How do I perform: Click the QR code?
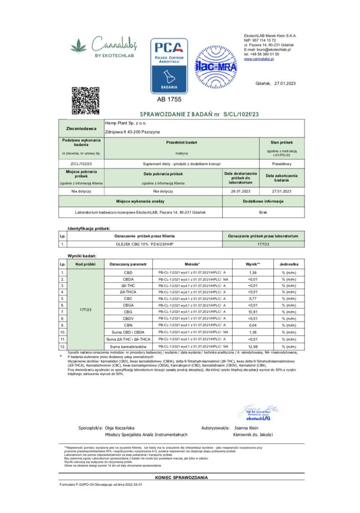click(85, 100)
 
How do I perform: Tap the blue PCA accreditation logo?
click(169, 65)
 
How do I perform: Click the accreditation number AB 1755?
click(169, 99)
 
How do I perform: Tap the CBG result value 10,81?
click(252, 312)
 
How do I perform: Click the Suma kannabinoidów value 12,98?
click(252, 347)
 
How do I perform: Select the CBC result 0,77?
click(252, 298)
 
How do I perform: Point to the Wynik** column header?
click(253, 264)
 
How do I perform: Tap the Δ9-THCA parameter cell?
click(128, 292)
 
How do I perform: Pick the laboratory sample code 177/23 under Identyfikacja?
click(263, 244)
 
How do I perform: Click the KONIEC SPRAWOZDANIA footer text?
click(181, 477)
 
